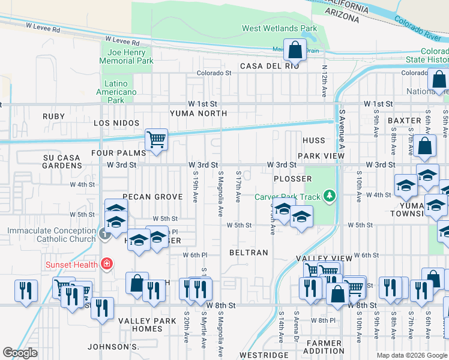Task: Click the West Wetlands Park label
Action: pos(279,28)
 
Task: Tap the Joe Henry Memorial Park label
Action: pos(127,56)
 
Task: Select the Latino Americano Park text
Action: pos(116,92)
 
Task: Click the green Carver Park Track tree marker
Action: pos(328,196)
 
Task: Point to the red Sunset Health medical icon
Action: pos(106,263)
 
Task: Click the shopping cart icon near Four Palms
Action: pos(156,140)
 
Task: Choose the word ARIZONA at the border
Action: pos(342,16)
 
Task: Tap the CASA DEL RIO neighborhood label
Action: pos(269,66)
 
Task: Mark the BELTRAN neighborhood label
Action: pos(249,253)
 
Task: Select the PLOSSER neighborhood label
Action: pos(292,179)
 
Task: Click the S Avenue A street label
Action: pos(342,129)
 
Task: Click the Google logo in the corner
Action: pos(20,352)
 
